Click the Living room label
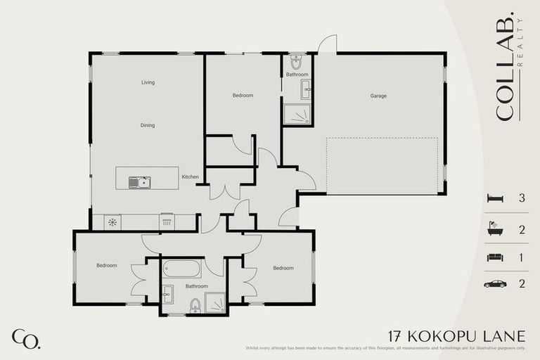pyautogui.click(x=148, y=82)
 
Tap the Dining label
pyautogui.click(x=148, y=125)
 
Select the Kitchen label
pyautogui.click(x=190, y=176)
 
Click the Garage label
pyautogui.click(x=378, y=96)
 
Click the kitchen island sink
pyautogui.click(x=139, y=182)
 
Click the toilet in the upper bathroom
pyautogui.click(x=295, y=60)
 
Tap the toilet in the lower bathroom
pyautogui.click(x=195, y=304)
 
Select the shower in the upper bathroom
pyautogui.click(x=297, y=114)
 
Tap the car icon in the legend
pyautogui.click(x=495, y=283)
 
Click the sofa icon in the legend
pyautogui.click(x=495, y=257)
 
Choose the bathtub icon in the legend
pyautogui.click(x=495, y=229)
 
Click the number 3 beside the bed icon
pyautogui.click(x=522, y=198)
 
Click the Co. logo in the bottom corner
pyautogui.click(x=25, y=338)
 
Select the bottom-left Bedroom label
pyautogui.click(x=107, y=265)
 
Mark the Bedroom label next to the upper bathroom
pyautogui.click(x=243, y=95)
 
